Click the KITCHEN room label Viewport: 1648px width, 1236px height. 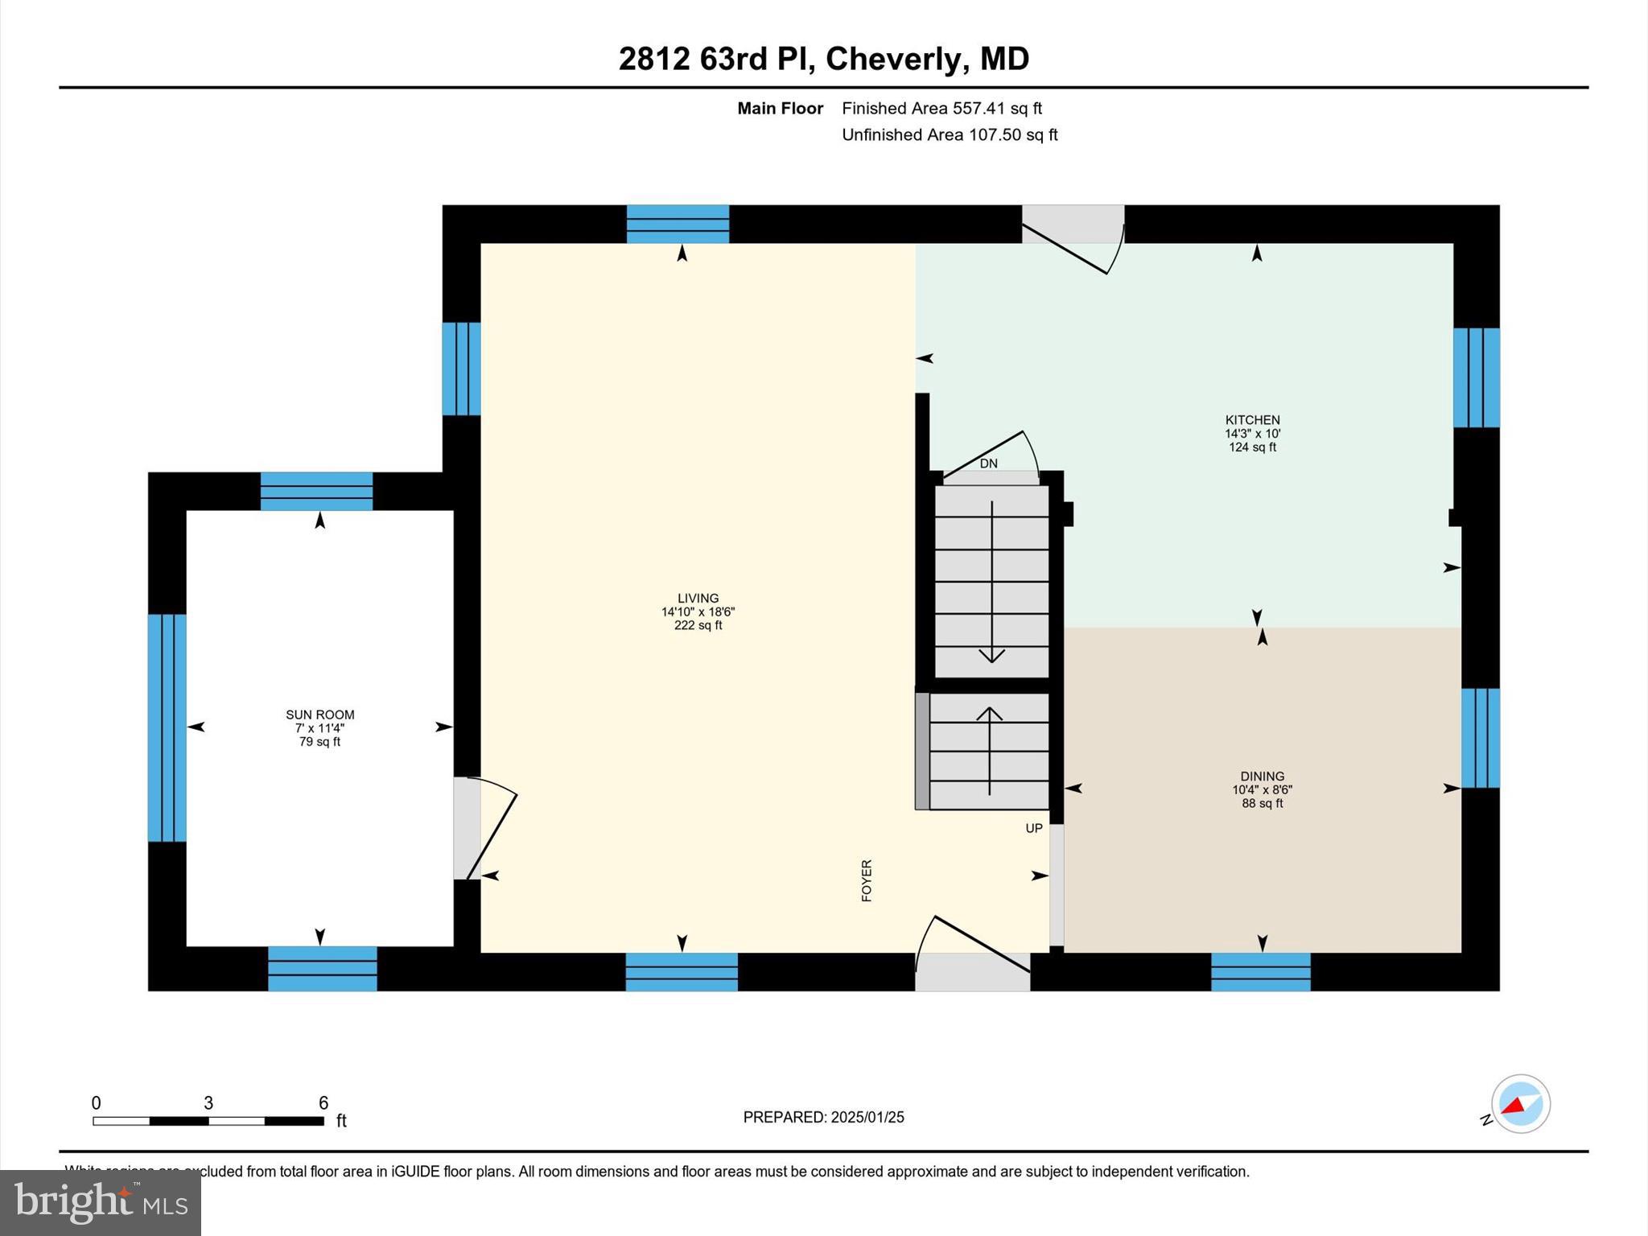pyautogui.click(x=1252, y=420)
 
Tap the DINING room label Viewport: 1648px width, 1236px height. pyautogui.click(x=1262, y=777)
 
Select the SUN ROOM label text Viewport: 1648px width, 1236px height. pyautogui.click(x=319, y=715)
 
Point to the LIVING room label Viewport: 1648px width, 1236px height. pyautogui.click(x=698, y=599)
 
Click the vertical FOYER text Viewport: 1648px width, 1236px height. pyautogui.click(x=867, y=880)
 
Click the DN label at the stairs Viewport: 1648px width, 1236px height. pyautogui.click(x=988, y=463)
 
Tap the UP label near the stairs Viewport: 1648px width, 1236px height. pyautogui.click(x=1033, y=828)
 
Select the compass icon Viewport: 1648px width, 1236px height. pyautogui.click(x=1520, y=1104)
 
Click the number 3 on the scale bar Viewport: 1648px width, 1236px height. pyautogui.click(x=208, y=1103)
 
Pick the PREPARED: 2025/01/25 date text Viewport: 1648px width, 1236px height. pyautogui.click(x=823, y=1117)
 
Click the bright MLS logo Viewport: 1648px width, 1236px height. pyautogui.click(x=101, y=1203)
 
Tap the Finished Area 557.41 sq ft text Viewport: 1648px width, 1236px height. pyautogui.click(x=941, y=108)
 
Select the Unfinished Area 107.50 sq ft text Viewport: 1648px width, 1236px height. pyautogui.click(x=950, y=134)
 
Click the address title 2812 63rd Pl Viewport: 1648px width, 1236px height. pyautogui.click(x=823, y=59)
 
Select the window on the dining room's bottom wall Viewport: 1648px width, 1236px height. pyautogui.click(x=1260, y=971)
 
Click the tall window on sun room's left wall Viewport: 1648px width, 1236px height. pyautogui.click(x=167, y=727)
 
